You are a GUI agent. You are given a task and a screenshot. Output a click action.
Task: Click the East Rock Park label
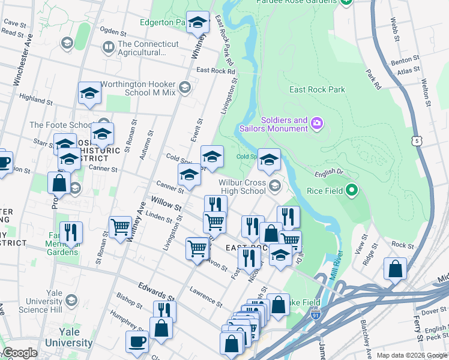317,89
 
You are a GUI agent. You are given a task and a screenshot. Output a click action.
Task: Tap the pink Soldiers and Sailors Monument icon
317,124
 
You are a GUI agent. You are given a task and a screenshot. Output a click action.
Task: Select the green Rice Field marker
352,191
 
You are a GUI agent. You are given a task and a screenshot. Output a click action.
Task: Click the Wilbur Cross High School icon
275,185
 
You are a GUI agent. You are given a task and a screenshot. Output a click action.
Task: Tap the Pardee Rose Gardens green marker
346,2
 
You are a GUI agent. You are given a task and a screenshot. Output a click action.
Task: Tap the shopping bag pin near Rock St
395,269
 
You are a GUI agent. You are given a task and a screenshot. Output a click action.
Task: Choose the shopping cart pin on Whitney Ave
120,227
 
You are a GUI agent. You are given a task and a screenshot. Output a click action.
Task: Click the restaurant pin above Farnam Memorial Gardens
71,232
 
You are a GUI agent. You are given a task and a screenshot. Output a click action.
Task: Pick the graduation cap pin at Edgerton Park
197,23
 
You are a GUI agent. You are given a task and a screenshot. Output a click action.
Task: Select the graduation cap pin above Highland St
89,93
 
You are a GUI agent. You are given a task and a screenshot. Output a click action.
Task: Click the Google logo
20,353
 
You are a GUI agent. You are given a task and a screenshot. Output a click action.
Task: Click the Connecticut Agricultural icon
109,46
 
